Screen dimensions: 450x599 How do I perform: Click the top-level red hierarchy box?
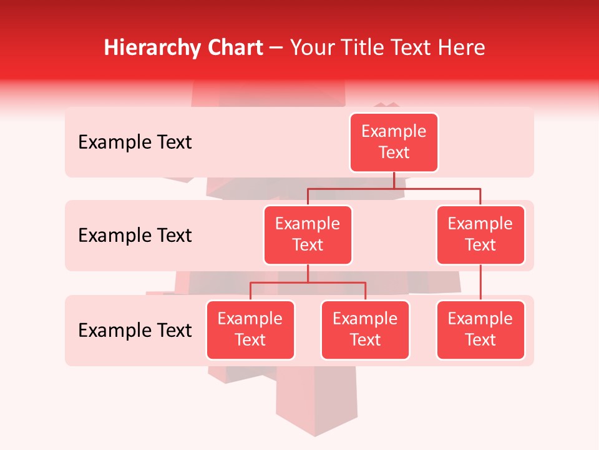[x=394, y=142]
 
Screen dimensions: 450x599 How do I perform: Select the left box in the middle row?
[x=308, y=235]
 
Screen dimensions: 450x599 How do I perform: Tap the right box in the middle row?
[x=480, y=235]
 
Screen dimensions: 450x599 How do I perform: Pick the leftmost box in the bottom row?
[x=250, y=330]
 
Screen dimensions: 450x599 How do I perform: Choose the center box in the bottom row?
[x=365, y=330]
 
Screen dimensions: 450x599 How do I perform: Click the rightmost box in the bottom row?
[x=480, y=330]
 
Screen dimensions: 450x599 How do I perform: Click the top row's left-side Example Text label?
[x=135, y=142]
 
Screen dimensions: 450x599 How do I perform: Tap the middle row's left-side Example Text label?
[x=135, y=236]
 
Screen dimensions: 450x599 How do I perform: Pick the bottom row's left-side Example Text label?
[x=135, y=331]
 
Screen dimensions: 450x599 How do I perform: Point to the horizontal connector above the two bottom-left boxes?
[x=308, y=282]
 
